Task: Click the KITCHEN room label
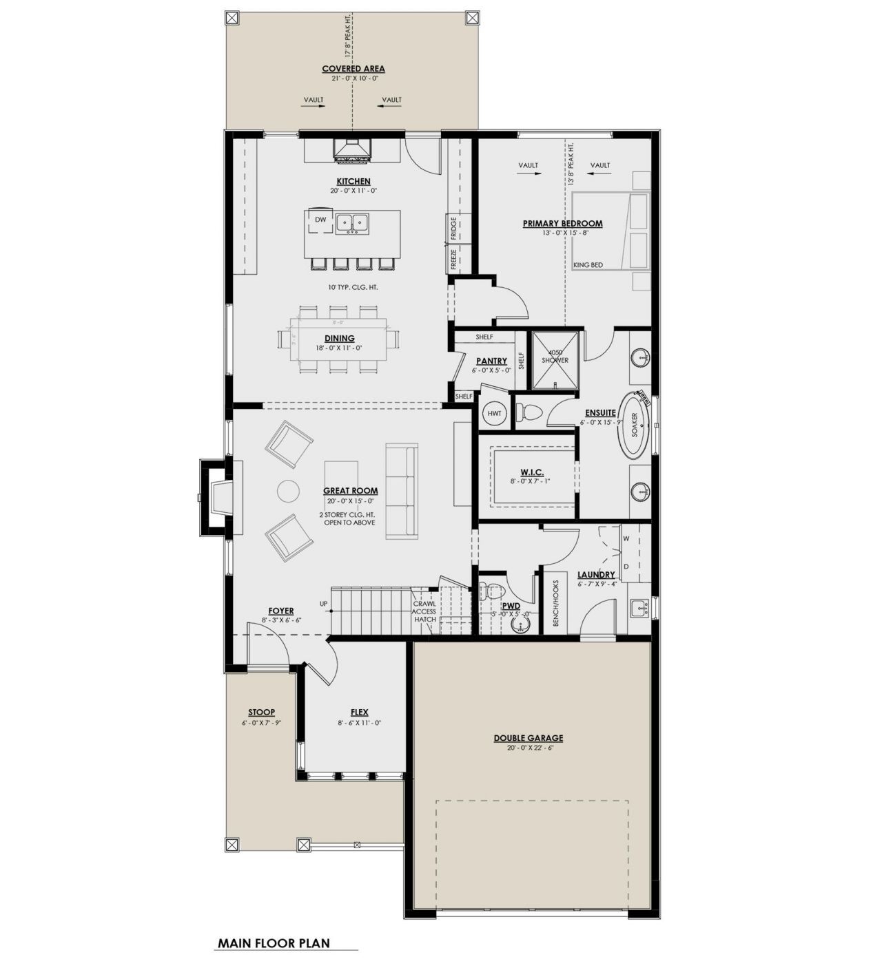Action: point(353,182)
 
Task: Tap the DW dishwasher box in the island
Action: point(320,220)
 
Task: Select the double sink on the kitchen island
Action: point(353,223)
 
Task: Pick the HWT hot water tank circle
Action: point(494,413)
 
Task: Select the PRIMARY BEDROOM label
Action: point(562,224)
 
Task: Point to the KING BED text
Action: point(588,265)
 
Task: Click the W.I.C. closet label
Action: point(532,472)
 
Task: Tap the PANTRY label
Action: point(491,361)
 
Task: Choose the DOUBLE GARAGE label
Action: point(529,738)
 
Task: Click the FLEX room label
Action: point(359,713)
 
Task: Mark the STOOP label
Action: point(261,713)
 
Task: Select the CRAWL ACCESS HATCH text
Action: point(424,611)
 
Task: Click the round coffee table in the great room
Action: point(289,491)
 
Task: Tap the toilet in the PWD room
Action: point(490,592)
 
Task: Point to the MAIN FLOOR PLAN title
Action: point(274,943)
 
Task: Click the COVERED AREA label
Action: point(353,69)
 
